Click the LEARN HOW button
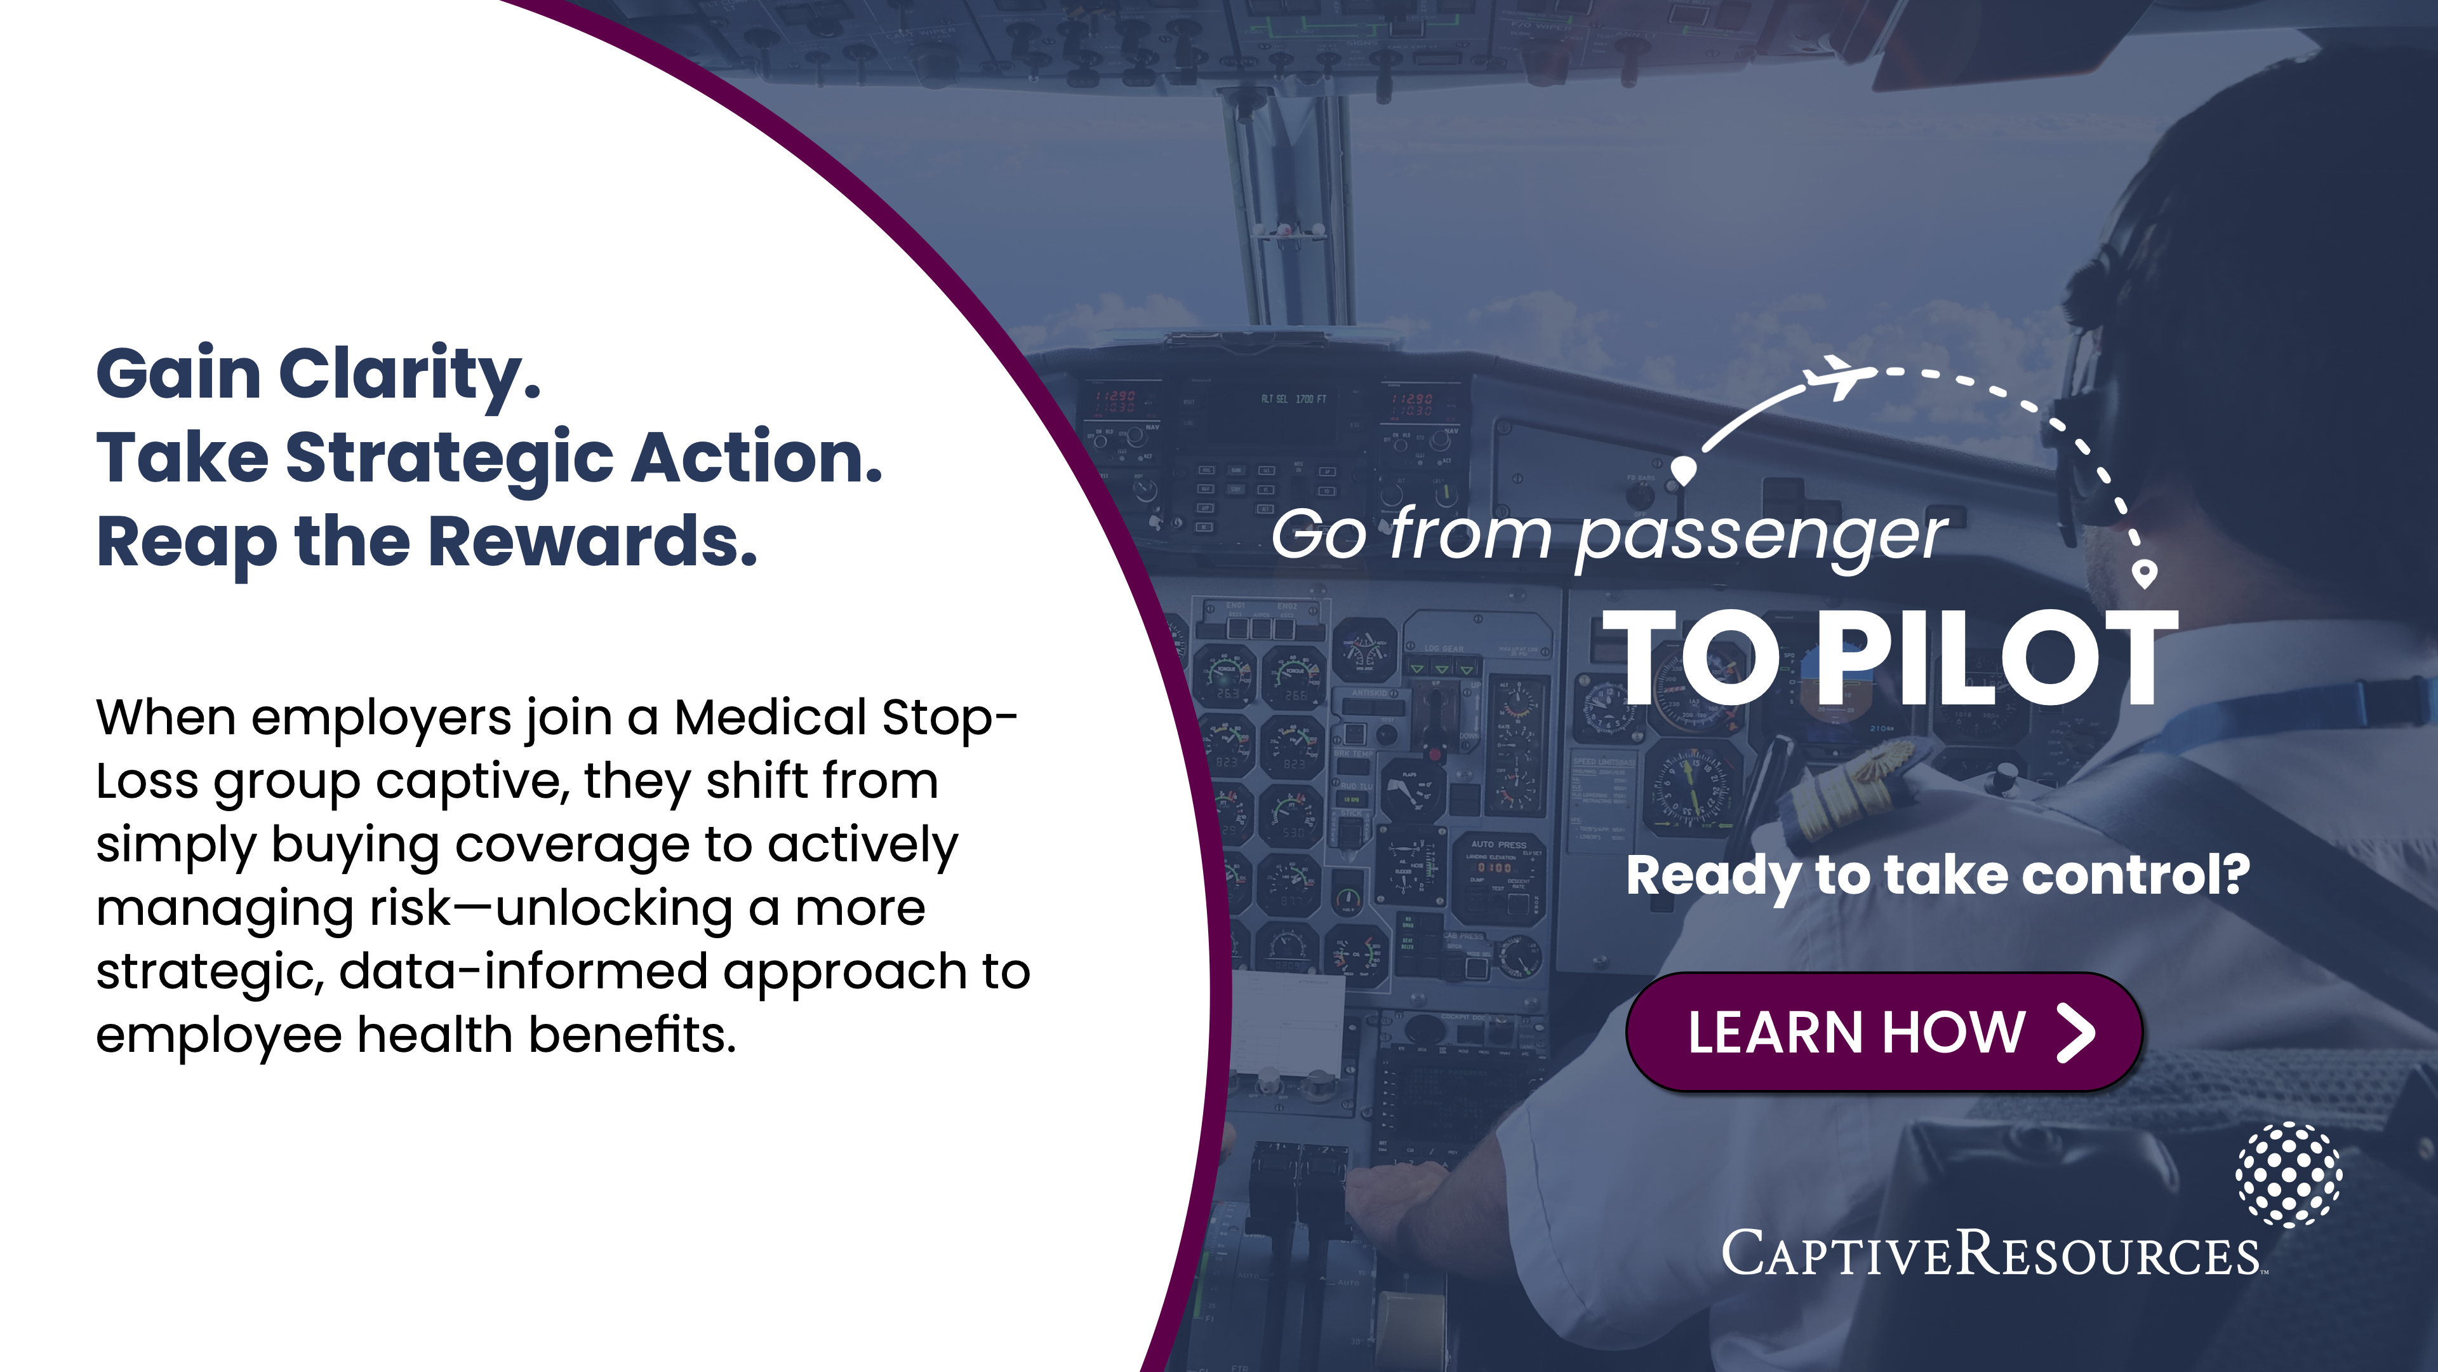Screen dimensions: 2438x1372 (x=1883, y=1032)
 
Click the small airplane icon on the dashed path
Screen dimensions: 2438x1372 (x=1839, y=377)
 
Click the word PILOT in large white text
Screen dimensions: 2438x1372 (x=1998, y=657)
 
